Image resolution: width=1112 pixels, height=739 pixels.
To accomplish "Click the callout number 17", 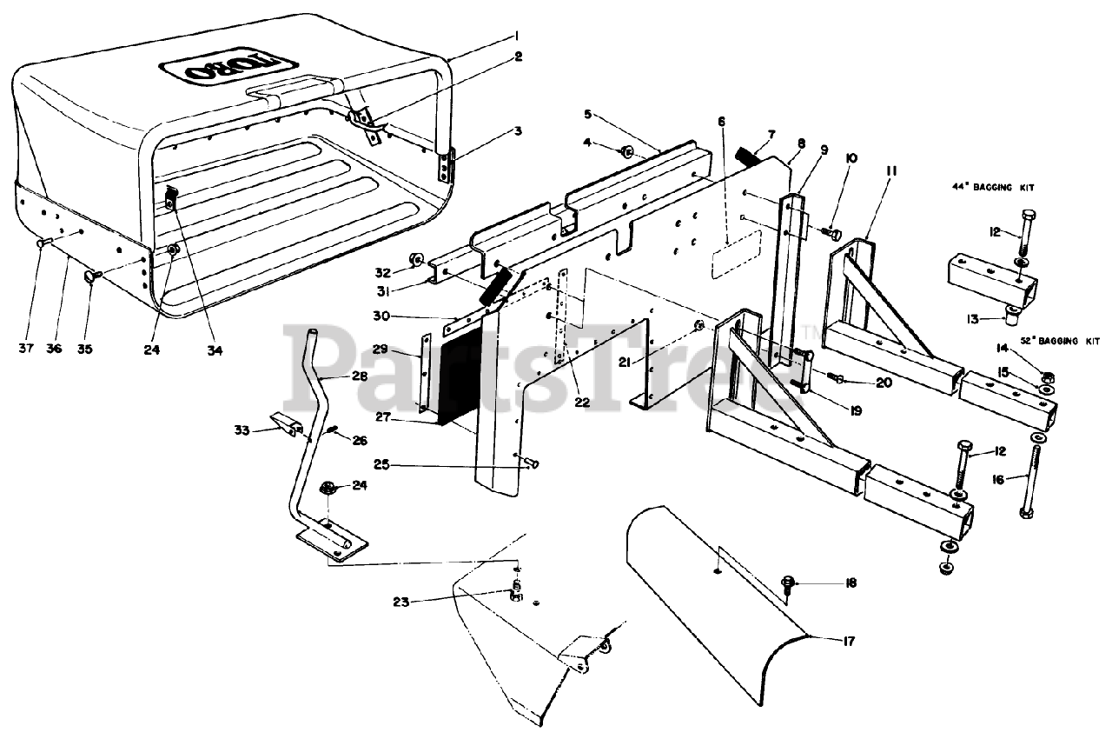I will pyautogui.click(x=848, y=642).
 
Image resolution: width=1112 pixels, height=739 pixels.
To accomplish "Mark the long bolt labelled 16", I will pyautogui.click(x=1032, y=476).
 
